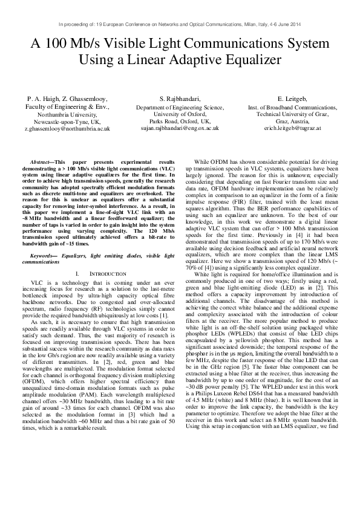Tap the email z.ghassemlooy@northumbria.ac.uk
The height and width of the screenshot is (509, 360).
tap(67, 129)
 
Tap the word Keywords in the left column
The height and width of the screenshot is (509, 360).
tap(44, 273)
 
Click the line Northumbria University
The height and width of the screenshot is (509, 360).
tap(67, 114)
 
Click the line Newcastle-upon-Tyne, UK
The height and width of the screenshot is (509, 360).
tap(67, 121)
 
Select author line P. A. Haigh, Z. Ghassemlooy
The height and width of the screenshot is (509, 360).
tap(67, 98)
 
